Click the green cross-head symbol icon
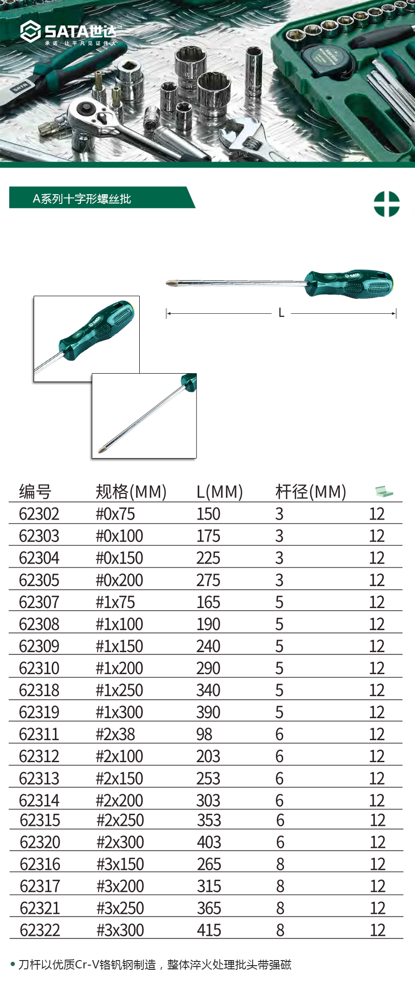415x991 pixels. [x=386, y=204]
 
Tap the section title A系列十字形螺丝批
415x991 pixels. [x=82, y=199]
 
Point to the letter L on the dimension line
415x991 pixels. [x=281, y=313]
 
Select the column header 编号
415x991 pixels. [x=35, y=492]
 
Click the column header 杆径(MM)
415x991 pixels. [x=311, y=492]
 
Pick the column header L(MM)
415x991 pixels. [x=219, y=492]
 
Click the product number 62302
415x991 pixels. [x=39, y=514]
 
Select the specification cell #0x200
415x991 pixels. [x=119, y=580]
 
